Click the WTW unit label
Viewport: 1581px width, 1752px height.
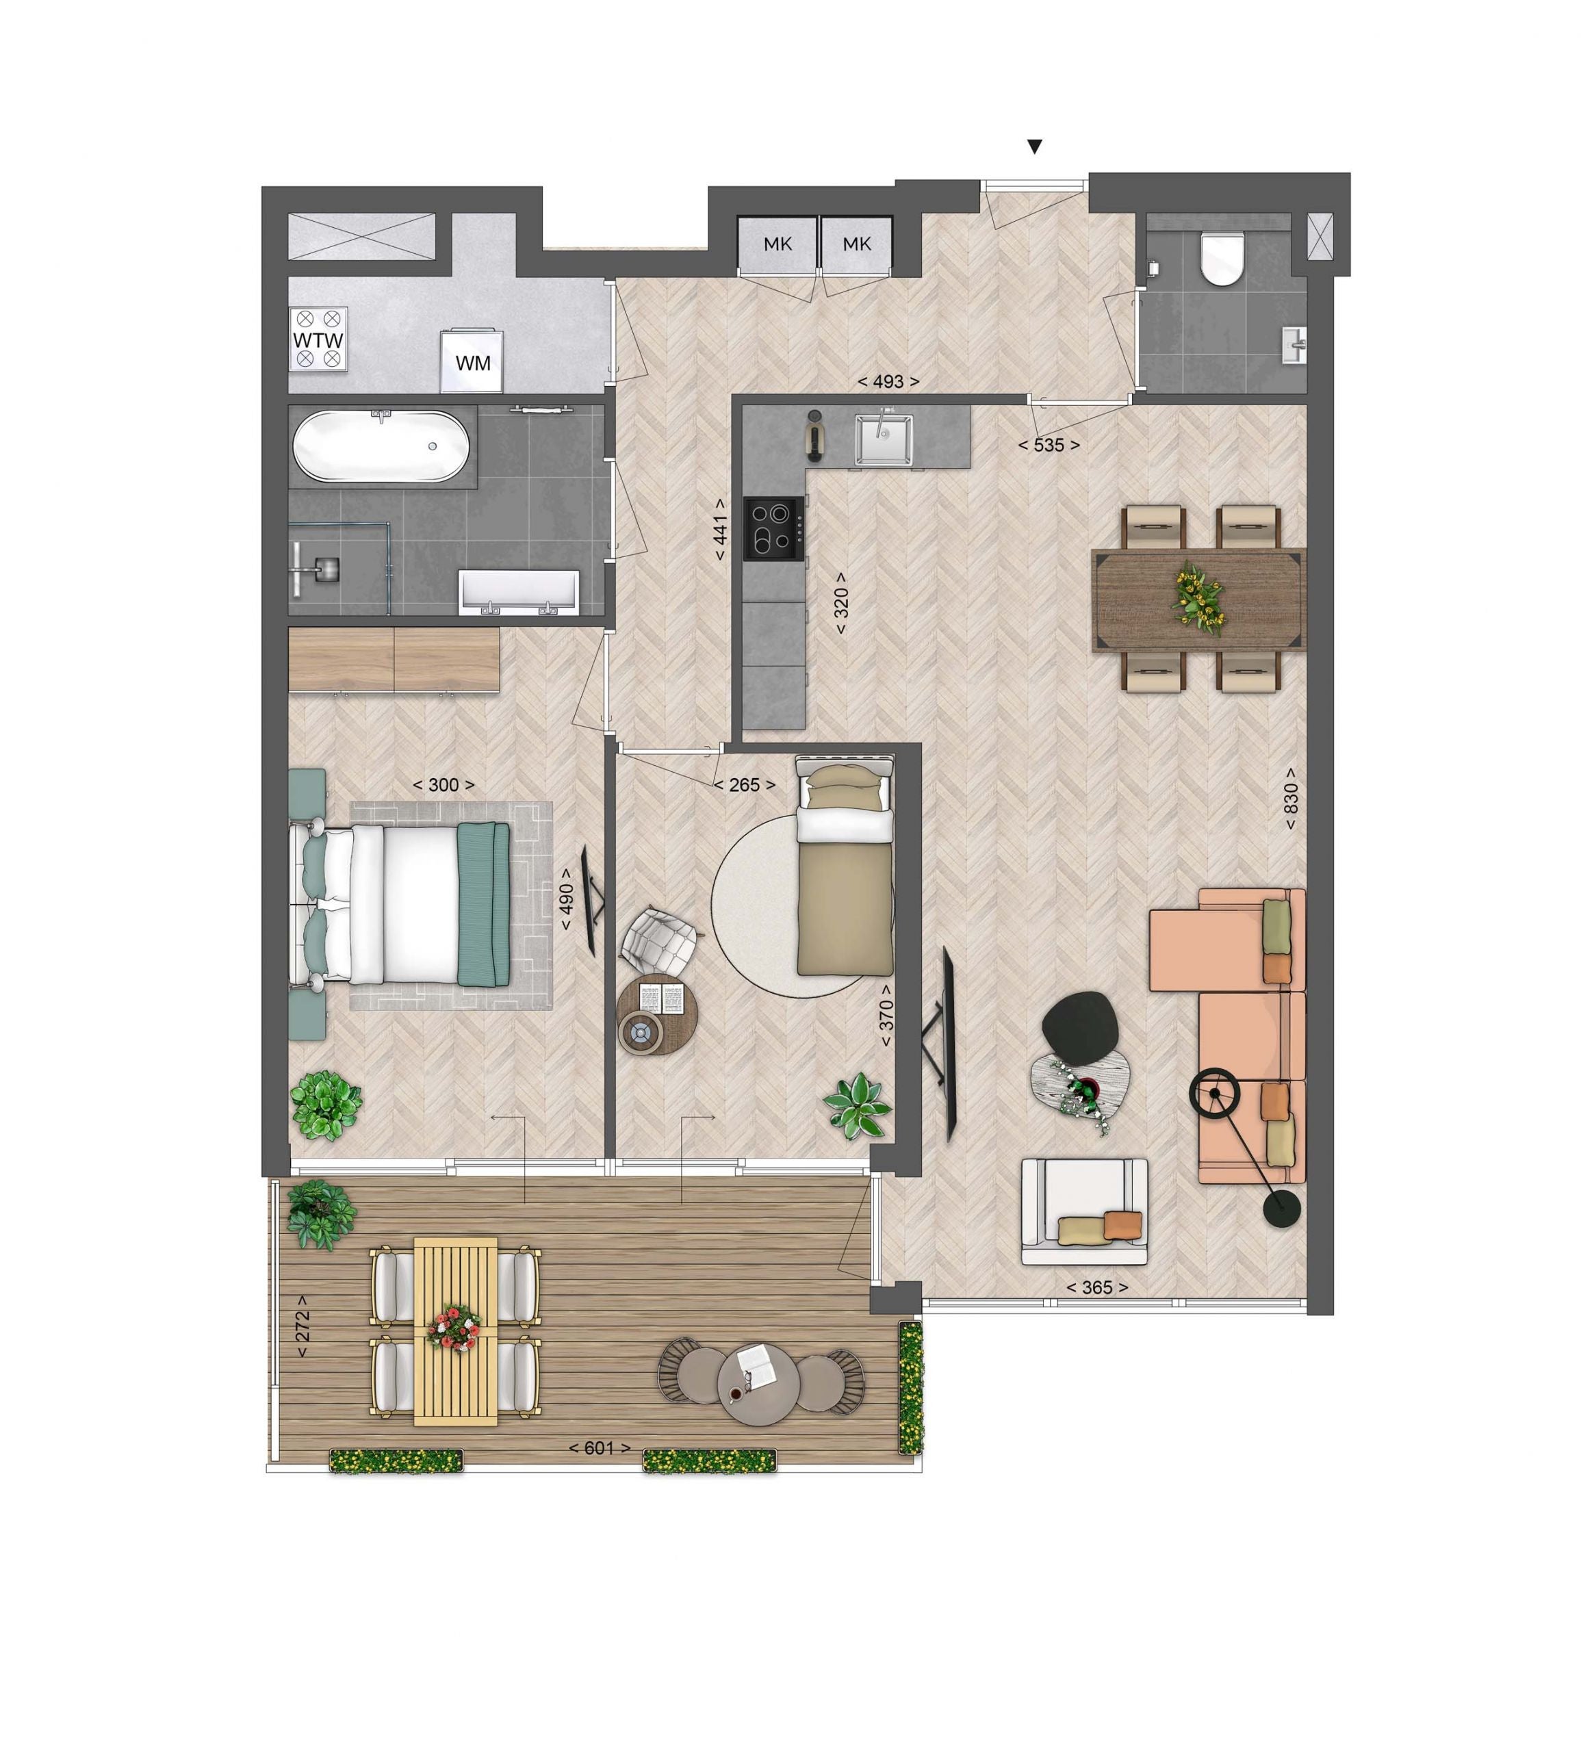(x=318, y=339)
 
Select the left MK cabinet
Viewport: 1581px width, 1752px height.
(x=777, y=244)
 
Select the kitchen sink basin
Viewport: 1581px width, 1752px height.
(x=884, y=439)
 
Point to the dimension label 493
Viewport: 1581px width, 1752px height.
(x=888, y=381)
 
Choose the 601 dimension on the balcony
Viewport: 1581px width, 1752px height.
(x=600, y=1448)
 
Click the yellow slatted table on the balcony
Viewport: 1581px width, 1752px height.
(x=455, y=1332)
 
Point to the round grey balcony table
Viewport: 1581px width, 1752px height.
(x=759, y=1384)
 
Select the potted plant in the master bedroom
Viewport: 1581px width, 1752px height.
(x=326, y=1105)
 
